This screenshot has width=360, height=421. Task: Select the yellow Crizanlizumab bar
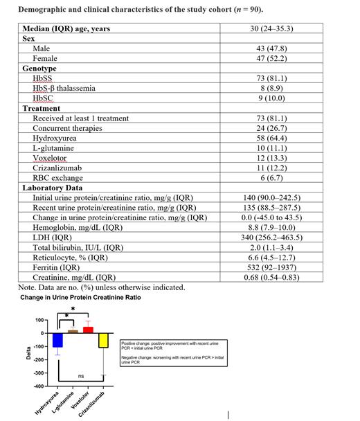click(103, 340)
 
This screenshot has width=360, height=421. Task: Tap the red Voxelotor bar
click(88, 329)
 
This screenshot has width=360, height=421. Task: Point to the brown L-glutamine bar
click(73, 331)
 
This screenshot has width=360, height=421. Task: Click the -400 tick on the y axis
click(39, 386)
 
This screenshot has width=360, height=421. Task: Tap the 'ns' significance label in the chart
click(80, 376)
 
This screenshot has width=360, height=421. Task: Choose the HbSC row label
click(44, 98)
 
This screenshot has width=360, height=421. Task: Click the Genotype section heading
click(39, 69)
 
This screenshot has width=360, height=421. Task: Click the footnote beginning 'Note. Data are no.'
click(101, 287)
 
